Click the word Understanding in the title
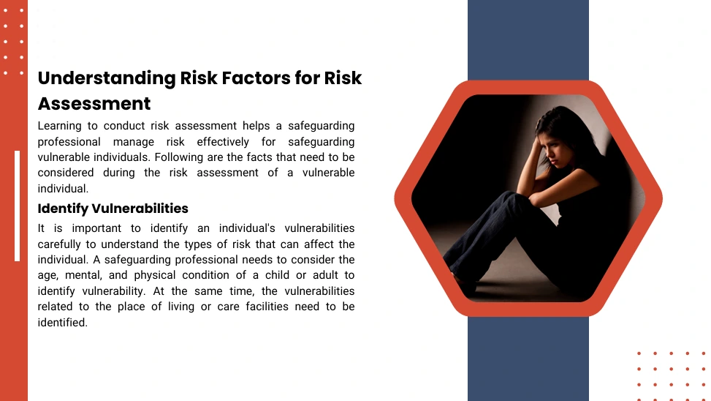(107, 78)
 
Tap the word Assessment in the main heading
(94, 103)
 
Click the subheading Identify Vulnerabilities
(113, 209)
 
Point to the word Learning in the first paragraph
(59, 126)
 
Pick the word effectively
(223, 142)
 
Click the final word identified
(63, 323)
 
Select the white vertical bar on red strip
(18, 206)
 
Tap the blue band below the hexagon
(528, 359)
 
